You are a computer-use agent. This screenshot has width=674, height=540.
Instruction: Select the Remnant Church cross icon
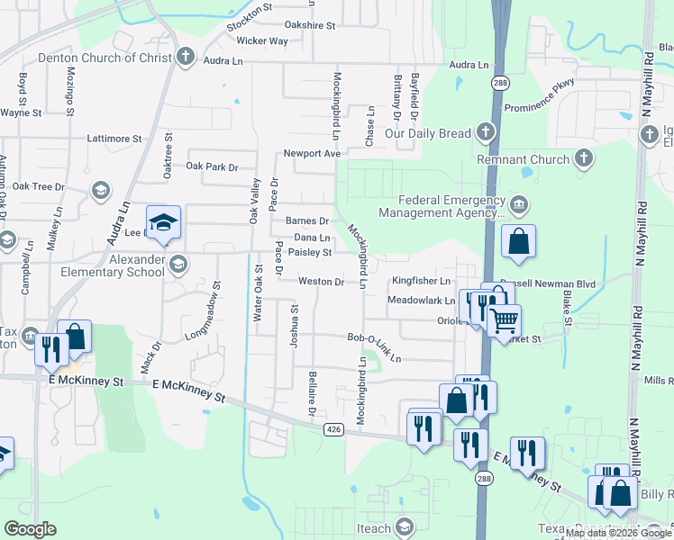tap(583, 159)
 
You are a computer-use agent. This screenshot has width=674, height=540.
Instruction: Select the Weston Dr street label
tap(322, 282)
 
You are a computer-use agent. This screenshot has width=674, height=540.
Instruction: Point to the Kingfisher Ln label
tap(421, 282)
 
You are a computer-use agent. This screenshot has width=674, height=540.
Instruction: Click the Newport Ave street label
tap(312, 154)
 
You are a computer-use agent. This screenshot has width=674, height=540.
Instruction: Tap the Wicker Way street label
tap(262, 41)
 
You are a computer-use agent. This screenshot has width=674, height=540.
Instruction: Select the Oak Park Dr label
tap(212, 167)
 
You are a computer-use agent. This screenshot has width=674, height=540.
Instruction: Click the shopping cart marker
tap(505, 319)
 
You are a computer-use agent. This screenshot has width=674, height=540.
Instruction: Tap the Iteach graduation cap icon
tap(405, 526)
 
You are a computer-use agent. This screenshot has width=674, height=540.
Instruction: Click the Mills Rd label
tap(659, 382)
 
